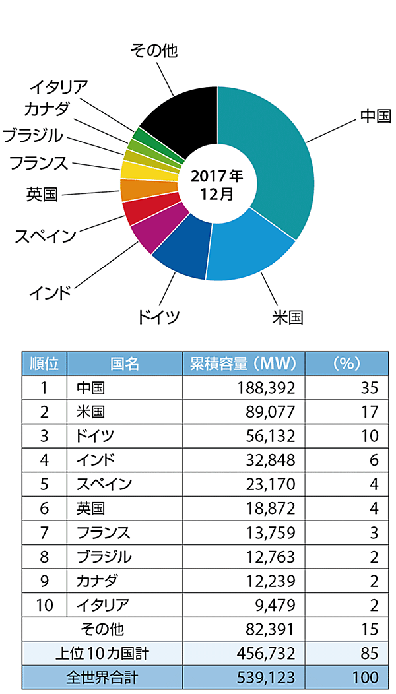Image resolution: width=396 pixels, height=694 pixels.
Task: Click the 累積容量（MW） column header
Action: coord(244,363)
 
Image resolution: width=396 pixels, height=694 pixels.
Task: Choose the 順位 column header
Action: coord(44,363)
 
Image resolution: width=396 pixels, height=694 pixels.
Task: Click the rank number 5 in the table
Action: coord(44,484)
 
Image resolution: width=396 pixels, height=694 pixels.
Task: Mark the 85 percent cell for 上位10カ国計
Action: coord(370,653)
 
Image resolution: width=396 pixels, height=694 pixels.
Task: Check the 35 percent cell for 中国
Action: coord(370,387)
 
